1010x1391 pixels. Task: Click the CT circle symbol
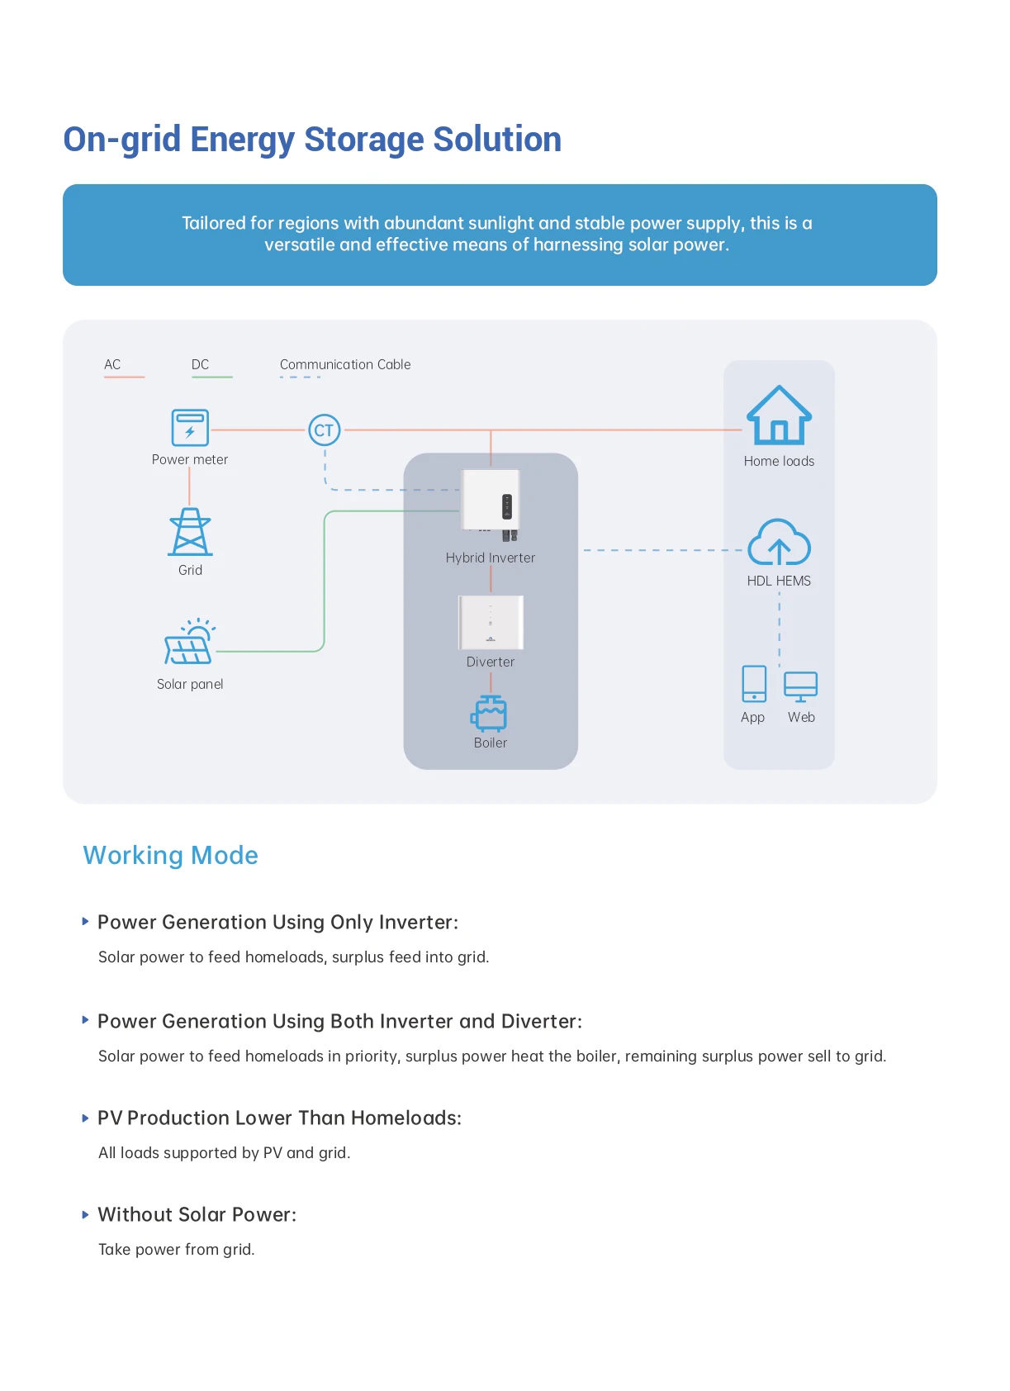click(324, 430)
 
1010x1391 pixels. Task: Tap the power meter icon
click(190, 428)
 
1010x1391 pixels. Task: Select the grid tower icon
click(190, 532)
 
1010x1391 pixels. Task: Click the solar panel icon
click(189, 643)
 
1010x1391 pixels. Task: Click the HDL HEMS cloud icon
click(779, 543)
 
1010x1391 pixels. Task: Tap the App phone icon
click(754, 684)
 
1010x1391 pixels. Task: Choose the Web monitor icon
click(800, 686)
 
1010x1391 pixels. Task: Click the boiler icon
click(490, 713)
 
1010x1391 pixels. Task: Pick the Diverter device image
click(491, 622)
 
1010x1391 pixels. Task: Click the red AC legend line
click(124, 377)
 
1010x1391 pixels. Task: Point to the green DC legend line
click(212, 377)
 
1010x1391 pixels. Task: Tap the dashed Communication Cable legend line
click(300, 377)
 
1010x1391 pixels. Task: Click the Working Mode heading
click(170, 855)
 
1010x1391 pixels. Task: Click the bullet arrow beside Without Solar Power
click(85, 1215)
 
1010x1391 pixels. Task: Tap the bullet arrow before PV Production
click(85, 1118)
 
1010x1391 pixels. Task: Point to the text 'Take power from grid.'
click(176, 1249)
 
